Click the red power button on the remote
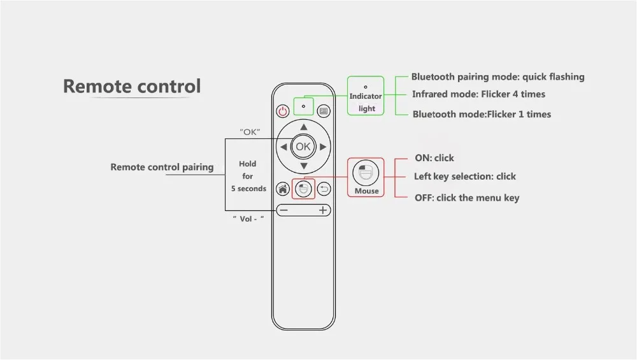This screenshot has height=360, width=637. (x=283, y=111)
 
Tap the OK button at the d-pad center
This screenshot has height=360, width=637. (x=303, y=147)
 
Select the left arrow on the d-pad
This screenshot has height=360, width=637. (x=283, y=147)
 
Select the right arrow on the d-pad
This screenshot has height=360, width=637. (x=323, y=147)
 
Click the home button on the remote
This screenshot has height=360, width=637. (x=283, y=189)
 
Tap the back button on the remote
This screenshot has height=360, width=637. (x=324, y=189)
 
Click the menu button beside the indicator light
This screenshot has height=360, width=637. (x=324, y=111)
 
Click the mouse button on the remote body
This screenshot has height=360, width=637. (x=303, y=189)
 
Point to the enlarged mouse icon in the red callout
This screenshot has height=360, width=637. (x=366, y=173)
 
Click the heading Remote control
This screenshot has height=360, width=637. (x=132, y=86)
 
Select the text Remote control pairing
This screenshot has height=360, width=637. (x=162, y=167)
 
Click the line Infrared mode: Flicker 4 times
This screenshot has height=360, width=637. (x=478, y=94)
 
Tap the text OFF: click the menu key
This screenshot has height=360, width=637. (x=467, y=198)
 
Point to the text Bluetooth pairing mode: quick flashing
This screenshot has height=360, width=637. (x=497, y=77)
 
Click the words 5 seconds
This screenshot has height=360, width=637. (x=248, y=189)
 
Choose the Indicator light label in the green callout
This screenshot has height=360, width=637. (x=366, y=103)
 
